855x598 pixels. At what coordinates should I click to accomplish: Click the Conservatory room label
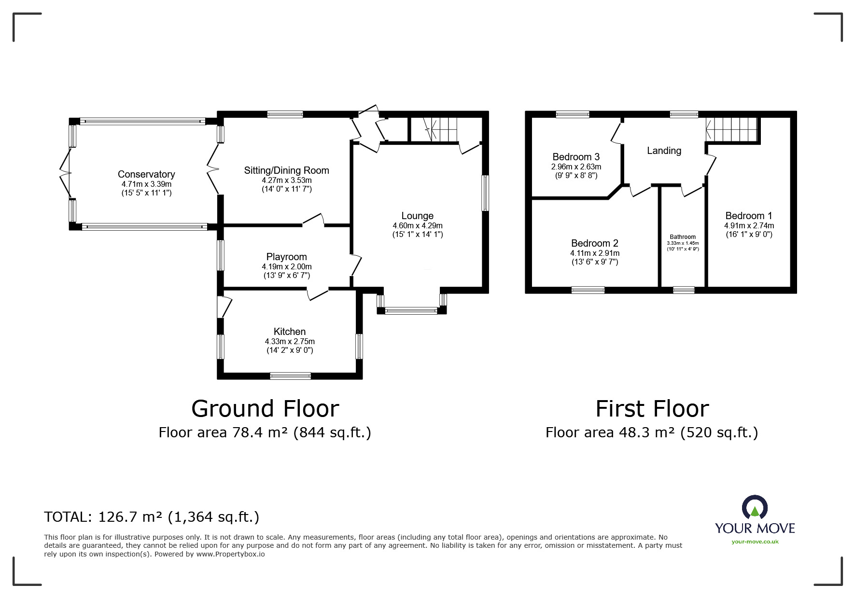coord(146,174)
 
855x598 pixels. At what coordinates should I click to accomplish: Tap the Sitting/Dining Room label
coord(286,170)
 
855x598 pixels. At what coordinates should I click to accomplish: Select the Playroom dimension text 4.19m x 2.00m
coord(287,266)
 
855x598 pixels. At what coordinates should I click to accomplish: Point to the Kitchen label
coord(290,332)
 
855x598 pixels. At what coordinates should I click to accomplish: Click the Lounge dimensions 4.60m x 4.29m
coord(418,225)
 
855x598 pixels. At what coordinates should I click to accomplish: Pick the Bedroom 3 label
coord(576,157)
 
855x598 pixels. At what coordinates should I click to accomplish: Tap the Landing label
coord(664,151)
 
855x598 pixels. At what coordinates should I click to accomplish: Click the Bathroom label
coord(683,237)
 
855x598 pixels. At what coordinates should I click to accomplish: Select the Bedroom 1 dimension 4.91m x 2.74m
coord(749,225)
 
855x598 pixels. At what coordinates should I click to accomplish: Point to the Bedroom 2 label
coord(594,243)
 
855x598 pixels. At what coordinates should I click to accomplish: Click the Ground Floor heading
coord(265,408)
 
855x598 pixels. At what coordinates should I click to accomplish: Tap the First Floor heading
coord(652,408)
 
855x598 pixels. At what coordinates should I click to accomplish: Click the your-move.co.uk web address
coord(755,542)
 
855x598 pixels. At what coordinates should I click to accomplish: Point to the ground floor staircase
coord(441,129)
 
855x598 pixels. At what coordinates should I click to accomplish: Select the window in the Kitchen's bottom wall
coord(290,376)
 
